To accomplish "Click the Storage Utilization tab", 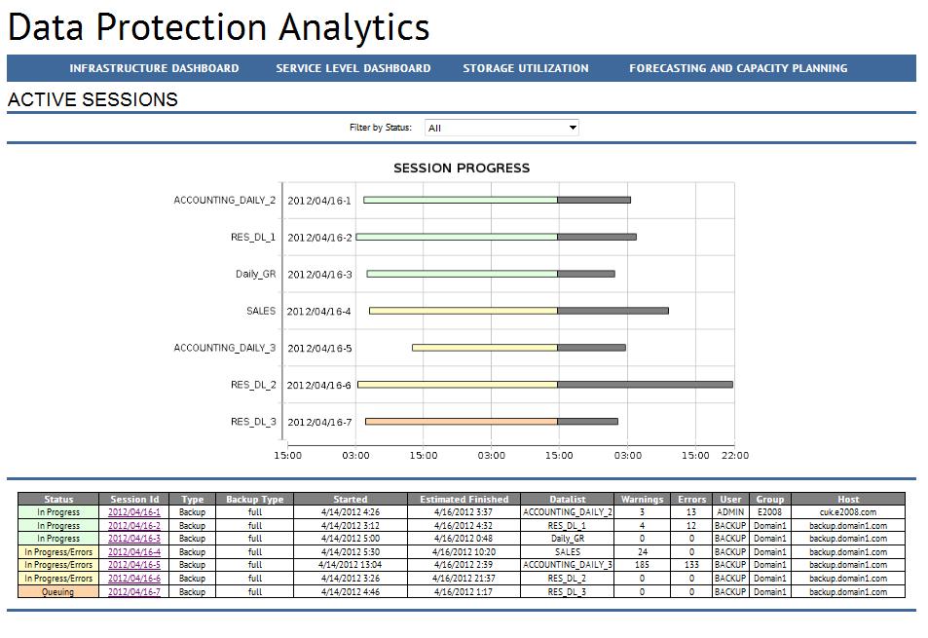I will [x=525, y=68].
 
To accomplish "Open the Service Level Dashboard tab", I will [x=353, y=68].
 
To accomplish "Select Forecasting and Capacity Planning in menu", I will [x=737, y=68].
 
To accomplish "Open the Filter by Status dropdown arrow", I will [x=573, y=128].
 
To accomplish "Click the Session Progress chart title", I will [x=462, y=168].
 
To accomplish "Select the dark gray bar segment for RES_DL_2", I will [x=645, y=385].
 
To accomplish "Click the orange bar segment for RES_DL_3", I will [x=462, y=422].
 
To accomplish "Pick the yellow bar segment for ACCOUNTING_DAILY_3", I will [x=485, y=348].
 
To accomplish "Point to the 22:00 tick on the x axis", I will [x=735, y=455].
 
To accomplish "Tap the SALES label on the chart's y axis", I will [x=261, y=311].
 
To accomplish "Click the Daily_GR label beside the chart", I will [x=255, y=274].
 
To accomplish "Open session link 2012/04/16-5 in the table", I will [x=134, y=565].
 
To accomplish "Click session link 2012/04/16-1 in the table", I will [x=134, y=512].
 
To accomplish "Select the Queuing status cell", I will [x=58, y=591].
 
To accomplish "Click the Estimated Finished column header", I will [x=464, y=500].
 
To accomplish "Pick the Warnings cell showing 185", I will [x=642, y=565].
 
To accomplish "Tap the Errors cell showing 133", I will [x=691, y=565].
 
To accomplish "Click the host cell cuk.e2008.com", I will [x=847, y=512].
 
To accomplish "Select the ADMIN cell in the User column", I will [x=730, y=512].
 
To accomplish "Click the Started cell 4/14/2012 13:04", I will [x=351, y=565].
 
